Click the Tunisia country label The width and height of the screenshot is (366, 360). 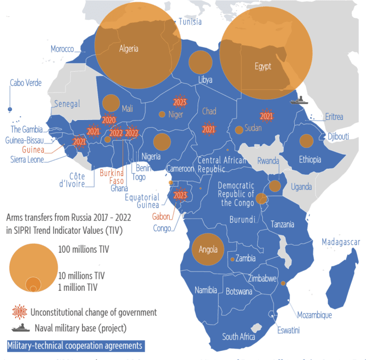189,22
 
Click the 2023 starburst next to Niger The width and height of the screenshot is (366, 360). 179,101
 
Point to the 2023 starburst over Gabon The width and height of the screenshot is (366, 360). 180,195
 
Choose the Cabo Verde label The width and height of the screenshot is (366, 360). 25,83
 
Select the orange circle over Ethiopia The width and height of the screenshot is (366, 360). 306,141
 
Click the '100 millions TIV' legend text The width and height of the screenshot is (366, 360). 83,250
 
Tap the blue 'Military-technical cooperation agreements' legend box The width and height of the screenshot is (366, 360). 75,346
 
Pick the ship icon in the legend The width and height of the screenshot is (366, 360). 20,328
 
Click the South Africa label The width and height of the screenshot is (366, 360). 238,337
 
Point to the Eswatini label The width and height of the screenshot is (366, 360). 288,331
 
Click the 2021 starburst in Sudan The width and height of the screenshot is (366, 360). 266,116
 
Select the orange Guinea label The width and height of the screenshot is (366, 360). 33,149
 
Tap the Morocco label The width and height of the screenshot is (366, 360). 62,49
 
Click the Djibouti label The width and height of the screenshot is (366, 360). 338,136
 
